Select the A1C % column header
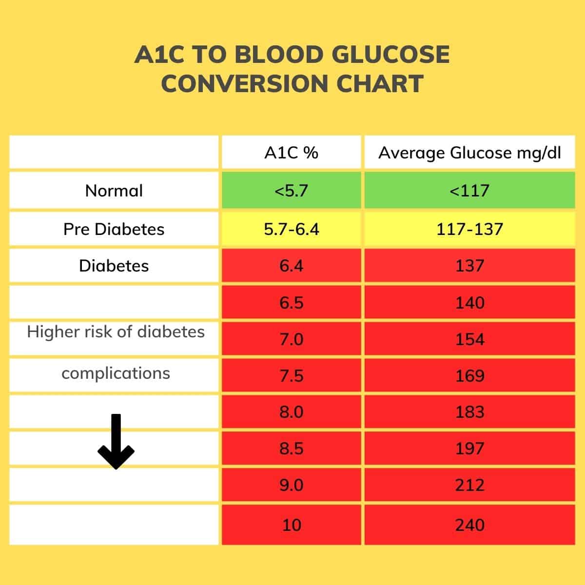click(292, 153)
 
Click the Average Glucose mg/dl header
click(469, 153)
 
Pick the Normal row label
click(114, 191)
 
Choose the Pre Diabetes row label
click(114, 229)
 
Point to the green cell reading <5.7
click(292, 190)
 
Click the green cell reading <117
click(469, 190)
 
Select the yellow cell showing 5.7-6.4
click(292, 229)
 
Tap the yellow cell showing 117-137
click(469, 229)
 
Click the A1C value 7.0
click(292, 339)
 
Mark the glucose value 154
click(469, 339)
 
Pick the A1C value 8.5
click(292, 448)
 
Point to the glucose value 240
click(469, 525)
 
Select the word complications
click(116, 373)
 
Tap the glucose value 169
click(469, 376)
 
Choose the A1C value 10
click(292, 525)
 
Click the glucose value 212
click(469, 485)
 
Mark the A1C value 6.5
click(292, 303)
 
